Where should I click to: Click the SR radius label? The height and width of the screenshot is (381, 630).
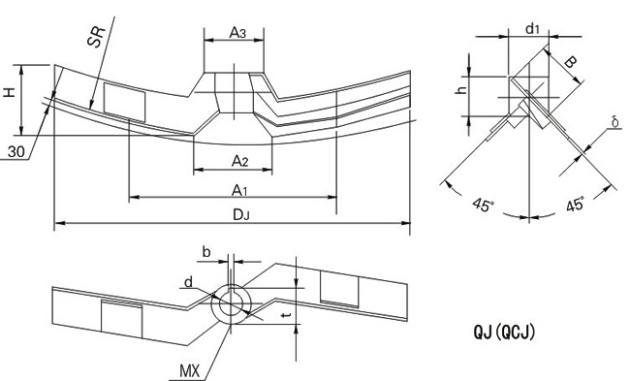[x=96, y=37]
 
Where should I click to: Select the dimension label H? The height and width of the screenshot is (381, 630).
[x=10, y=92]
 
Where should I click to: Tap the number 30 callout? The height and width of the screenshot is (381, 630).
[x=16, y=152]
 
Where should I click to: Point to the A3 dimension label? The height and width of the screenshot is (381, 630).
[x=237, y=33]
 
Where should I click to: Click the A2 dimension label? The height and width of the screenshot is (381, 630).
[x=239, y=161]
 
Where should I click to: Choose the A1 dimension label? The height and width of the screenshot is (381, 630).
[x=239, y=190]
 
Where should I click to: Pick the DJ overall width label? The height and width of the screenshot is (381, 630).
[x=241, y=215]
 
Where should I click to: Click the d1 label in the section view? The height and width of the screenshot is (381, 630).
[x=532, y=28]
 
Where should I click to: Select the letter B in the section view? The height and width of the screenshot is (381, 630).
[x=571, y=62]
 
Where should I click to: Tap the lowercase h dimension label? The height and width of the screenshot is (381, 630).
[x=462, y=89]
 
